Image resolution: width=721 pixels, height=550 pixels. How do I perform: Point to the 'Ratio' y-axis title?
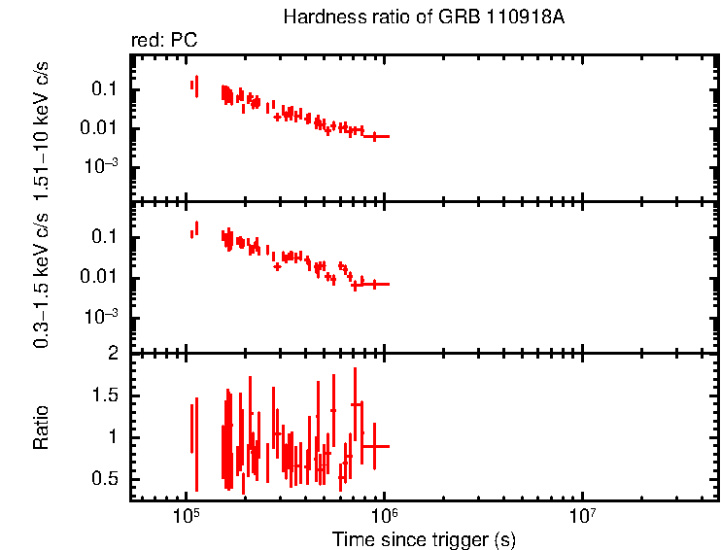point(41,428)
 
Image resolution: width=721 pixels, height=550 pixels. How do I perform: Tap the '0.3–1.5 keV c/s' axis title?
point(41,277)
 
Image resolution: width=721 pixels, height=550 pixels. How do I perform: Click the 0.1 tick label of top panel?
point(105,89)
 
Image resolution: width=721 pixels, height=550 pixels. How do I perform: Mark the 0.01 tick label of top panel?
point(100,128)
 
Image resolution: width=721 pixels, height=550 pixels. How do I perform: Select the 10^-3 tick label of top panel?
point(100,166)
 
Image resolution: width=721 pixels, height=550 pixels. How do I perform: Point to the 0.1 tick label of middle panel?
point(105,237)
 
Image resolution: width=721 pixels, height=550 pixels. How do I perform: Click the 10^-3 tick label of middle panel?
point(100,315)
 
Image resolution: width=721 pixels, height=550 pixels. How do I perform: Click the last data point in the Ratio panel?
point(375,446)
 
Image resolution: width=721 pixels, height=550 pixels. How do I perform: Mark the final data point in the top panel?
point(375,136)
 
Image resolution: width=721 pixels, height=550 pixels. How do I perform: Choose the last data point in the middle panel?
point(375,284)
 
